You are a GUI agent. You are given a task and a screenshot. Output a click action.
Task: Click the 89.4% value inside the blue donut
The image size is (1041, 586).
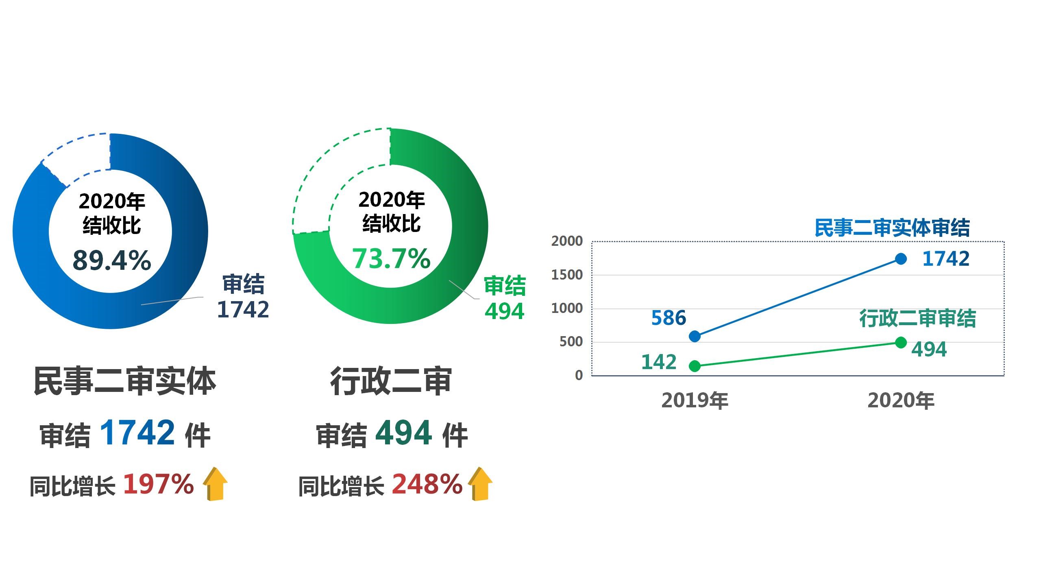point(112,260)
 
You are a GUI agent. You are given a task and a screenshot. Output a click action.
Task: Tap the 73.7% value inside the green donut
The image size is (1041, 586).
point(391,258)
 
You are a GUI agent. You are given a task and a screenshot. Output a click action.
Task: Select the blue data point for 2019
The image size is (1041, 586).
point(695,336)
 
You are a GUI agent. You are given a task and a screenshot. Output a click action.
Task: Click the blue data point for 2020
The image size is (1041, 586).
point(901,259)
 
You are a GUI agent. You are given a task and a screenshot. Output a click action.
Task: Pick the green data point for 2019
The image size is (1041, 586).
point(695,366)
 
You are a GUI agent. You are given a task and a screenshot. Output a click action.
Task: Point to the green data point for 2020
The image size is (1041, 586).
point(901,342)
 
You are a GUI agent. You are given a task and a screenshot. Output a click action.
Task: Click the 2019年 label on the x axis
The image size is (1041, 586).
point(695,400)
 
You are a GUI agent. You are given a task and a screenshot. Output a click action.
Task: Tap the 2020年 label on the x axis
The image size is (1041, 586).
point(901,400)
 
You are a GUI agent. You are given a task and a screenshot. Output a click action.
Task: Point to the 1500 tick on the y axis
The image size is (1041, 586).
point(567,275)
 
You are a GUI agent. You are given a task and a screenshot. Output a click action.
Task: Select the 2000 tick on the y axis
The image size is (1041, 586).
point(567,241)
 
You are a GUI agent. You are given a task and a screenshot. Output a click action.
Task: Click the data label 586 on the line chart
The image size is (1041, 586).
point(669,318)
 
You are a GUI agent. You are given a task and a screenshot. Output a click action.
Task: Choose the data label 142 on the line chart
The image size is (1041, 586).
point(659,362)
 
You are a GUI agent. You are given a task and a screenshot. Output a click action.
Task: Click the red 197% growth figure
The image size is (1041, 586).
point(158,484)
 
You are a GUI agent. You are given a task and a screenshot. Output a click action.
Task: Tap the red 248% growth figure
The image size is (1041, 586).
point(427,484)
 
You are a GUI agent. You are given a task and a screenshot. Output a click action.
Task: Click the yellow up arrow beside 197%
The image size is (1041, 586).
point(215,484)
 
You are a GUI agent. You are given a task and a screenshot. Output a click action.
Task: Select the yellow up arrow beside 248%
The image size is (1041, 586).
point(480,484)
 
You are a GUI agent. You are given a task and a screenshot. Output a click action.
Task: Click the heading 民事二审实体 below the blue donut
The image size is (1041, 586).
point(124,381)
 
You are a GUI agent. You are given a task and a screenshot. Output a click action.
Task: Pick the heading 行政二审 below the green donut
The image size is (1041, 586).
point(391,381)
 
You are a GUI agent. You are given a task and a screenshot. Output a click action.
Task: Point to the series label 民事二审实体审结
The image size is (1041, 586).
point(892,227)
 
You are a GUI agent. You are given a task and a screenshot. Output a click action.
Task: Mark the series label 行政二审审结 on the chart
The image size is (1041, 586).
point(917,318)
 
